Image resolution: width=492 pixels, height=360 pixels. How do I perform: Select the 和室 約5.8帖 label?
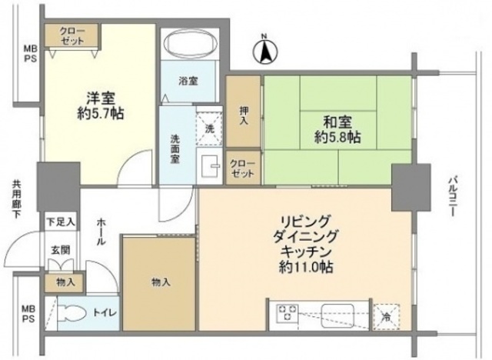pyautogui.click(x=332, y=129)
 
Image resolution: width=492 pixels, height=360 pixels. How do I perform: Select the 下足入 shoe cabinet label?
pyautogui.click(x=59, y=222)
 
